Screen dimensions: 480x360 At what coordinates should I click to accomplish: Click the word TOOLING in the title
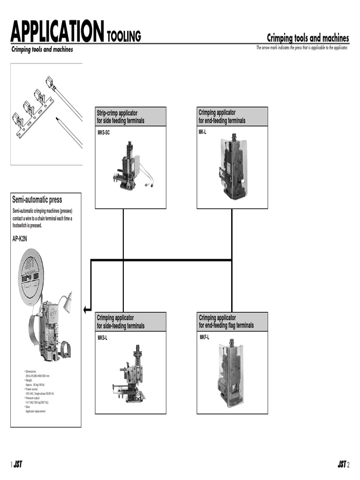pos(124,36)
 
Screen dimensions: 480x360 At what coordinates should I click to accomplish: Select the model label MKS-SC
pos(103,133)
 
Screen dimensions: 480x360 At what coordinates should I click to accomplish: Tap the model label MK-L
pos(203,133)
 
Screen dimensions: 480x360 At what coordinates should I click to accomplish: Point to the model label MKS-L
pos(102,338)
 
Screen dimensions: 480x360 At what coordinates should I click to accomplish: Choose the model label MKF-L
pos(204,337)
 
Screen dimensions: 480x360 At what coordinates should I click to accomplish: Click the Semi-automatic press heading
pos(37,200)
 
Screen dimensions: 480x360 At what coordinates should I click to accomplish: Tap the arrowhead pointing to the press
pos(86,309)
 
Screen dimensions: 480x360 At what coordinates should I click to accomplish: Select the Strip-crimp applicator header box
pos(130,117)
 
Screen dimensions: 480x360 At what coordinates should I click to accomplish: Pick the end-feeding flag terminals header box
pos(232,322)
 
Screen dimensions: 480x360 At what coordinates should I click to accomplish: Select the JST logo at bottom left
pos(18,465)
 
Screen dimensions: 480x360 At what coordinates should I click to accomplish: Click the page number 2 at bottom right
pos(349,465)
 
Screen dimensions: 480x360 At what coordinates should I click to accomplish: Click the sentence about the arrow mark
pos(302,48)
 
